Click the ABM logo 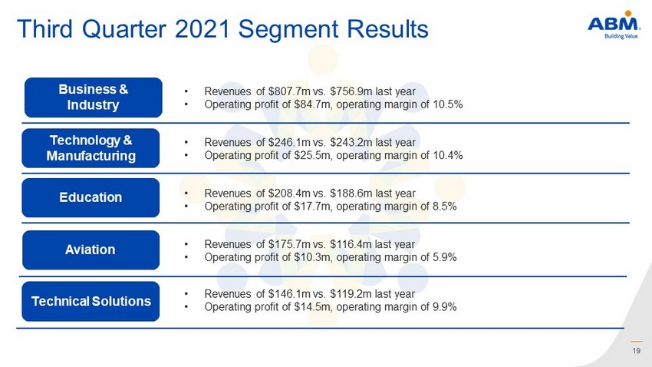tap(614, 25)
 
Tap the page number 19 tap(636, 351)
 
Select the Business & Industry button tap(93, 98)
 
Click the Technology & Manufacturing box tap(91, 148)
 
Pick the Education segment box tap(91, 197)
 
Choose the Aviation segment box tap(91, 250)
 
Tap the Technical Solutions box tap(91, 301)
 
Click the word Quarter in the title tap(124, 29)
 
